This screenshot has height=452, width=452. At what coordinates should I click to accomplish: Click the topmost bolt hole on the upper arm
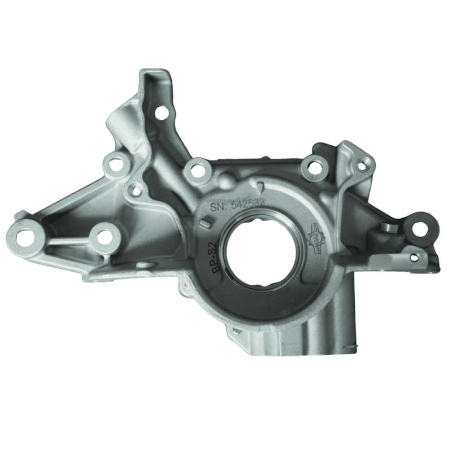tap(163, 114)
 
